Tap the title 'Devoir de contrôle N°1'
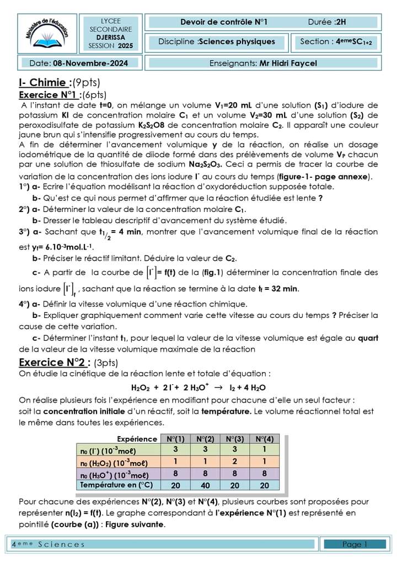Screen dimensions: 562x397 coord(224,22)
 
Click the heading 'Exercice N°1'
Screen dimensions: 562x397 coord(50,94)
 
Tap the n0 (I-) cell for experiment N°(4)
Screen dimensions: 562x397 coord(265,450)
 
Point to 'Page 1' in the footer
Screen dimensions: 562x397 coord(355,544)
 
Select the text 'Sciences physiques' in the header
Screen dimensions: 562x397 coord(237,41)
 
